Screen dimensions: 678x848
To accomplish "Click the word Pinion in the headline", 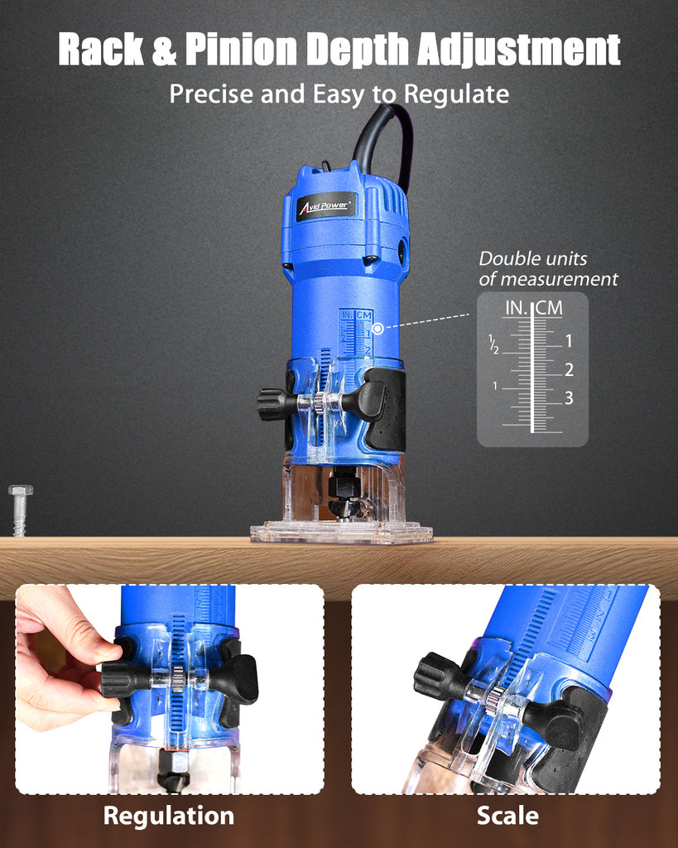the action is tap(241, 50).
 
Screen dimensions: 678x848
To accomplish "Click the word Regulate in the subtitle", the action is tap(456, 94).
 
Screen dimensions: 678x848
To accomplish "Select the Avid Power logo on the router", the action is tap(326, 207).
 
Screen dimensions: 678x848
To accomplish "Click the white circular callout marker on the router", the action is tap(378, 328).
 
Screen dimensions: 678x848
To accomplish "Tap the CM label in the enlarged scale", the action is tap(550, 308).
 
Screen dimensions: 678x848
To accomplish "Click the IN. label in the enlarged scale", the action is tap(517, 308).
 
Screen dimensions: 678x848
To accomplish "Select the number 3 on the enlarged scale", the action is tap(569, 398).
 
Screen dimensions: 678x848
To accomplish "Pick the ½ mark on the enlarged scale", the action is tap(493, 344).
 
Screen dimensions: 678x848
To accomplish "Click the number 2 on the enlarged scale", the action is tap(569, 370).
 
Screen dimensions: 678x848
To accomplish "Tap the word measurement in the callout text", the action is tap(559, 279).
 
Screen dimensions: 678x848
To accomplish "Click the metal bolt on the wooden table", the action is tap(20, 510).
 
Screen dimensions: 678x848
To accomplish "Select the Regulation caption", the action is tap(169, 816).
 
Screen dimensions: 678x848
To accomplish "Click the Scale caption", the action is tap(507, 816).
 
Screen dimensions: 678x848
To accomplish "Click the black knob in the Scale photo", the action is tap(439, 676).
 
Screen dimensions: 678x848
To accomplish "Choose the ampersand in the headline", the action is tap(165, 50).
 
